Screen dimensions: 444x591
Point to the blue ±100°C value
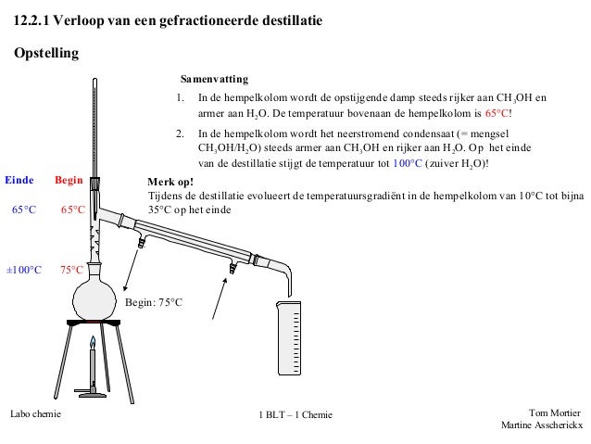tap(24, 271)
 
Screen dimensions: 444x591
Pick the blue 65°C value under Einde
tap(24, 210)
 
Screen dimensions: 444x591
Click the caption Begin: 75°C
tap(154, 303)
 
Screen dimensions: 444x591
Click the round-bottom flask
tap(93, 295)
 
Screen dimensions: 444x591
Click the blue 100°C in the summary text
tap(405, 163)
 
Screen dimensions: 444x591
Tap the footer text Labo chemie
tap(34, 413)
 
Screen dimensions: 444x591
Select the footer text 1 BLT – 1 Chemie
tap(295, 414)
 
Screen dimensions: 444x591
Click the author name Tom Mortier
tap(554, 412)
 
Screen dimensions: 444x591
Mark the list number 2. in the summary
tap(181, 133)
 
